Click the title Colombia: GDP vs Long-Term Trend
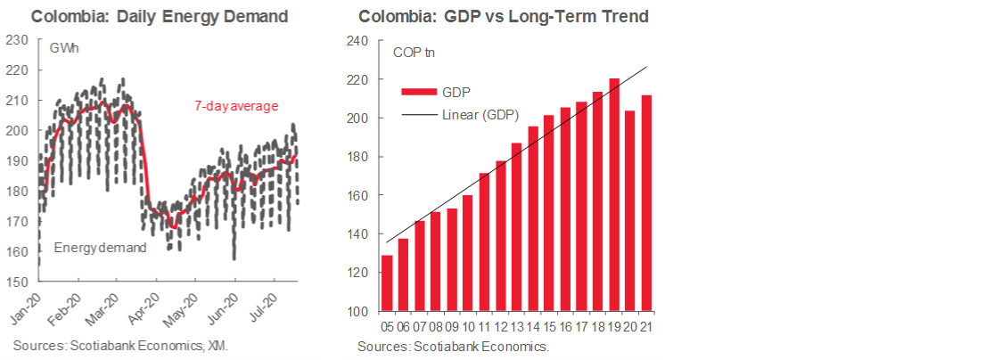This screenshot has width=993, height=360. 504,16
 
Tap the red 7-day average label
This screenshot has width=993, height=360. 236,106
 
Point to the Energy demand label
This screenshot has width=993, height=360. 100,247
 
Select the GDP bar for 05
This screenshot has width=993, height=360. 387,283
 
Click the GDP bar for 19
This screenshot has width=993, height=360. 614,195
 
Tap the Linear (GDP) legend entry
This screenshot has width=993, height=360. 480,115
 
